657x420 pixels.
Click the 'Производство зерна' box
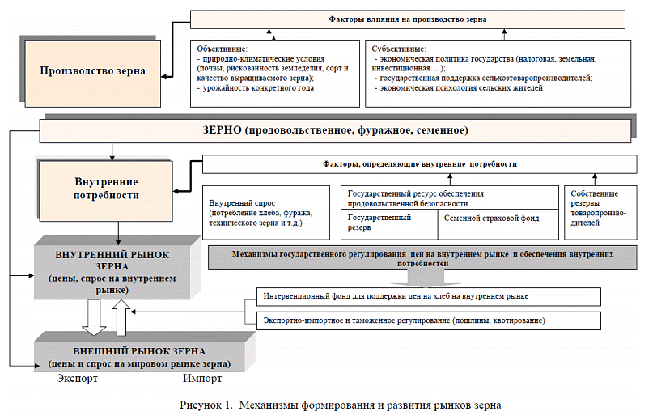pyautogui.click(x=92, y=71)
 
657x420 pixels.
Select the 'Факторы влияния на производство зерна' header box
pyautogui.click(x=408, y=19)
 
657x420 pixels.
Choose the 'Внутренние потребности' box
pyautogui.click(x=106, y=189)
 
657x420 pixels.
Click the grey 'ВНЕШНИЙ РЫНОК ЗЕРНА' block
pyautogui.click(x=131, y=357)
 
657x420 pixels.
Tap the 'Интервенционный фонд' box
pyautogui.click(x=427, y=297)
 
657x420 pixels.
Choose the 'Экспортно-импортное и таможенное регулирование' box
pyautogui.click(x=427, y=320)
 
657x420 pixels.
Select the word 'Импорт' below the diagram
pyautogui.click(x=201, y=379)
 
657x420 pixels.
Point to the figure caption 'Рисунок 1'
pyautogui.click(x=340, y=404)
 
